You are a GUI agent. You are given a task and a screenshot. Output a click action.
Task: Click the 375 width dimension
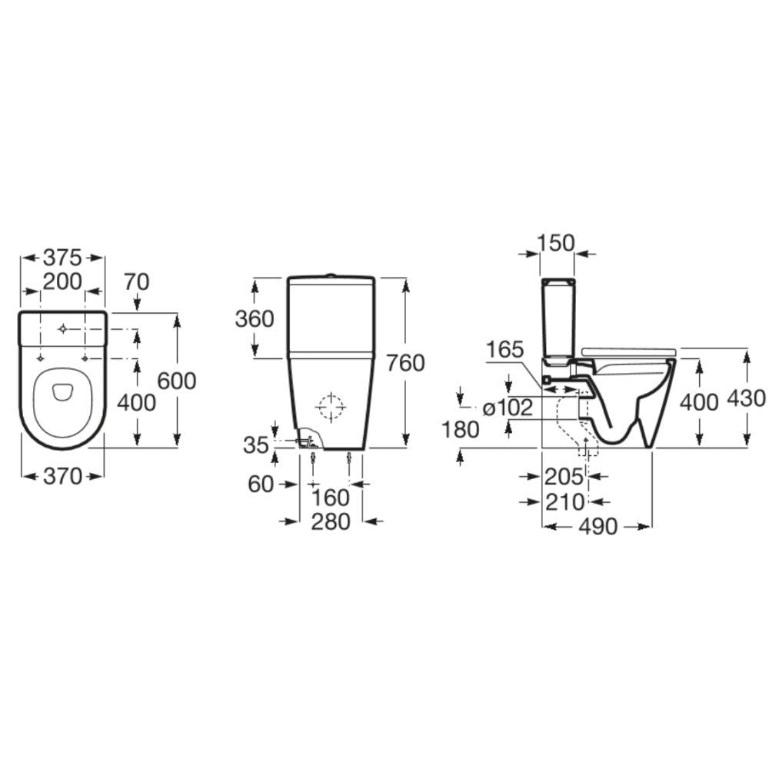[x=62, y=257]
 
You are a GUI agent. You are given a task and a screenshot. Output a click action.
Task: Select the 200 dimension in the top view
[x=62, y=281]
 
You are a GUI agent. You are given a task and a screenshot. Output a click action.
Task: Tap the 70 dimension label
[x=136, y=282]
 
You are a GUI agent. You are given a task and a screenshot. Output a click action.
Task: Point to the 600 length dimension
[x=177, y=381]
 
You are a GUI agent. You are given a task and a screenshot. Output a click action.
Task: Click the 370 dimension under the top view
[x=63, y=476]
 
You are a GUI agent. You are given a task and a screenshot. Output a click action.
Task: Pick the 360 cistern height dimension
[x=255, y=319]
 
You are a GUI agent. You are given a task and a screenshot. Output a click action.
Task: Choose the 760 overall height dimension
[x=405, y=363]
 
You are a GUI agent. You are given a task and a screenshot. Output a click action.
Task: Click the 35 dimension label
[x=257, y=445]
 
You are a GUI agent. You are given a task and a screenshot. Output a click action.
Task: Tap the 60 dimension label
[x=261, y=484]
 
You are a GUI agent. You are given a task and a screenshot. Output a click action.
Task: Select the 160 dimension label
[x=331, y=498]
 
